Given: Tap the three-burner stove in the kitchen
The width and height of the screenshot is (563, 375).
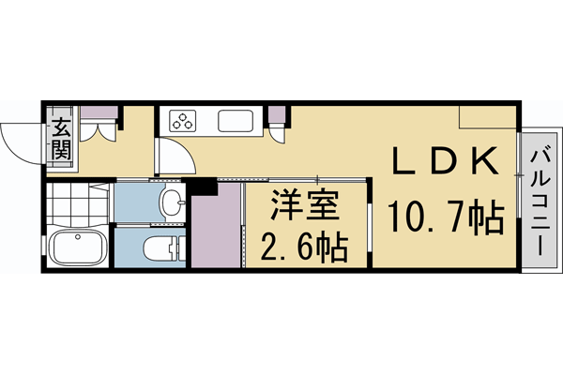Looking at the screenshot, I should click(x=182, y=121).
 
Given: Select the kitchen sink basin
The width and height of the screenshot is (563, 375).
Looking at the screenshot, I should click(x=234, y=121).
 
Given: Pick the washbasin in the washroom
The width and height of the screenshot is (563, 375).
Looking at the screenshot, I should click(x=171, y=201).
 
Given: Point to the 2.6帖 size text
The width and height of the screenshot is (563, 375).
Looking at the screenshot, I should click(x=302, y=248).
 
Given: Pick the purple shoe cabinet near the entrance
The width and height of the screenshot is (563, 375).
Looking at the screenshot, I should click(x=99, y=116).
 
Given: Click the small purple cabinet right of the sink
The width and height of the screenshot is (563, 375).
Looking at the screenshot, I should click(x=277, y=117).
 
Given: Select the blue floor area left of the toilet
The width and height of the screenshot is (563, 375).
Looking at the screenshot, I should click(x=130, y=248).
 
